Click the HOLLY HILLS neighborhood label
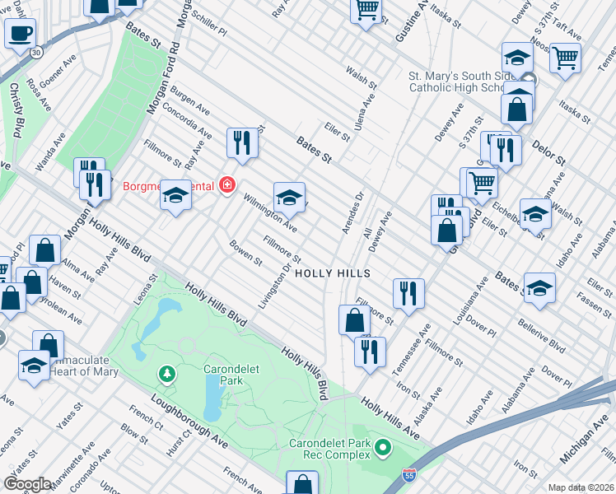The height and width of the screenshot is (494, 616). pos(332,273)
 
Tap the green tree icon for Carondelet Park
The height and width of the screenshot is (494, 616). pos(168,375)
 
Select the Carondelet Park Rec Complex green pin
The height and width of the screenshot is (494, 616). pos(383,449)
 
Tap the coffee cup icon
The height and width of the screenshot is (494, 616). pos(20,34)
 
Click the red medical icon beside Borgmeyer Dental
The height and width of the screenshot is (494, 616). pos(226,185)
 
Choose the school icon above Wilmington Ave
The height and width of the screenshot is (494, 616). pos(289,198)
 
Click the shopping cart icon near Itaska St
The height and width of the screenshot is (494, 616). pos(566,58)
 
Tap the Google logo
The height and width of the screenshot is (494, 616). pos(26,484)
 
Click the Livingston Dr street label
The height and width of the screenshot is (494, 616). pos(274,287)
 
